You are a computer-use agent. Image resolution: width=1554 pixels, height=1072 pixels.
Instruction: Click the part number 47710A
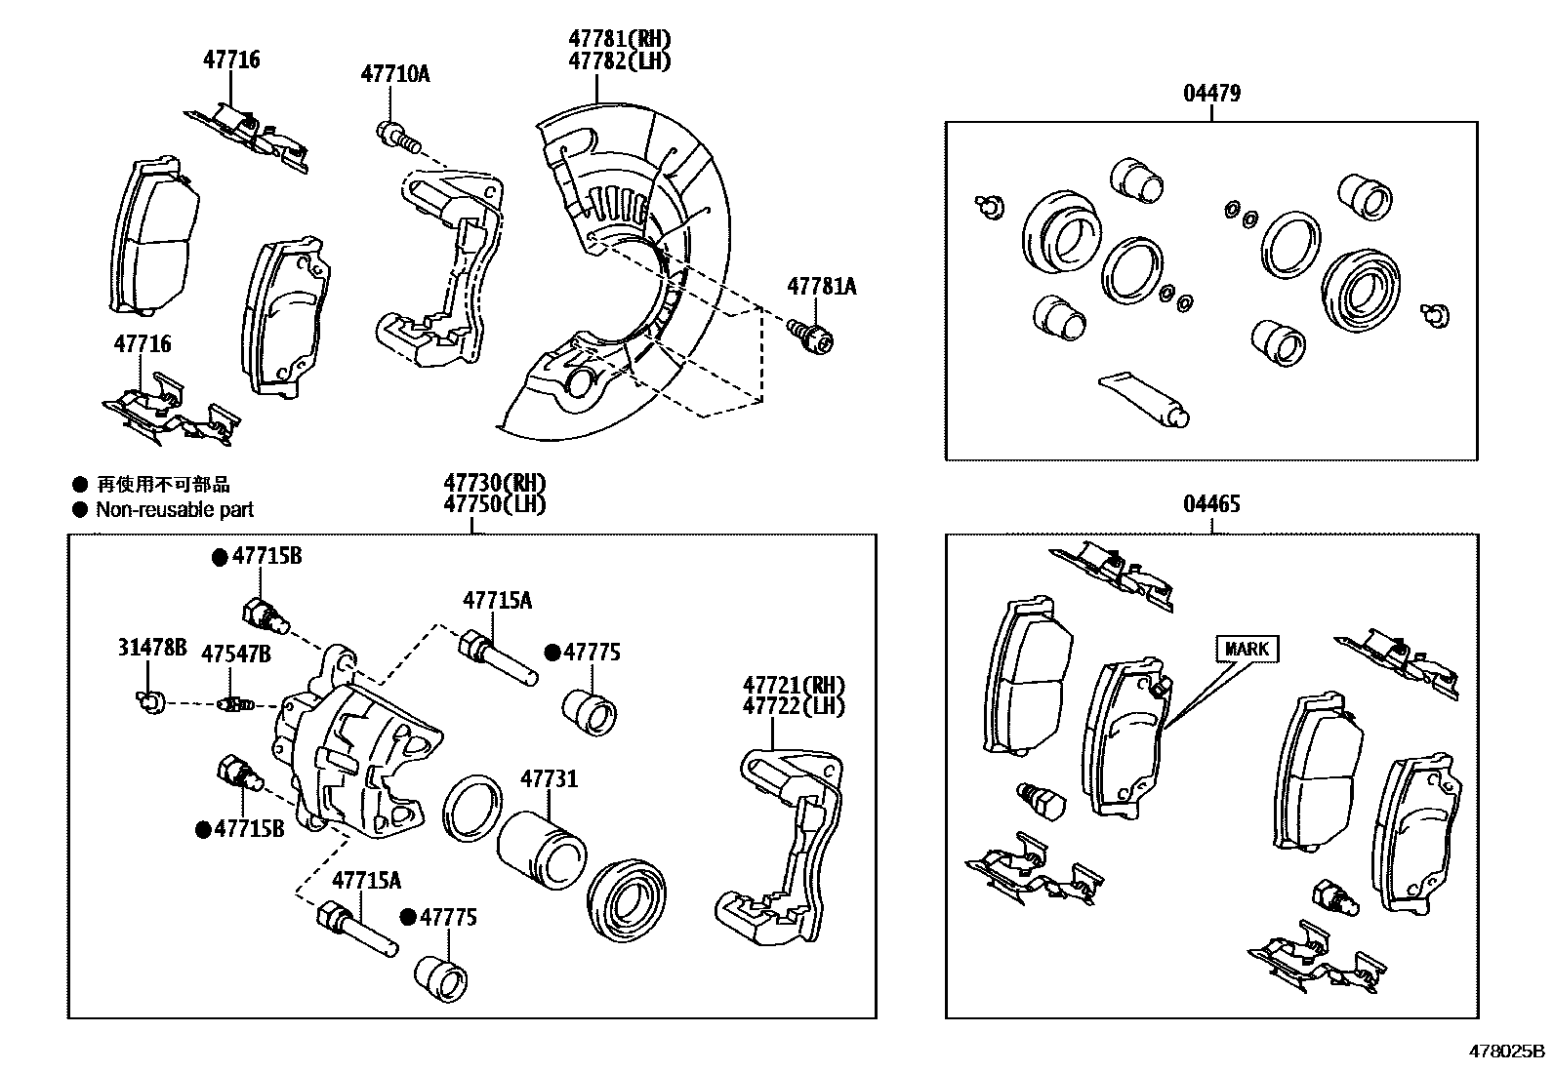coord(394,73)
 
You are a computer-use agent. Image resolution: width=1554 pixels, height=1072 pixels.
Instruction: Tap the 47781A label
coord(821,286)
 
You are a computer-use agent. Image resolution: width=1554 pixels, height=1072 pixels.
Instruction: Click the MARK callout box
coord(1247,649)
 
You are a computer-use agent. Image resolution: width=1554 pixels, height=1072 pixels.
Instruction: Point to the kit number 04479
coord(1211,94)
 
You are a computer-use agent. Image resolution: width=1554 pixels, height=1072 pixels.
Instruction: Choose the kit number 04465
coord(1211,504)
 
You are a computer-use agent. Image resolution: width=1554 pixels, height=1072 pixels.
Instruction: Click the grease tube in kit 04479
coord(1144,401)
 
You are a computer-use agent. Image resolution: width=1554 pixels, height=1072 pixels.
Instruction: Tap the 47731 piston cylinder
coord(540,844)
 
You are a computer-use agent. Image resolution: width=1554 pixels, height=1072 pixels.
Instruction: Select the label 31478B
coord(151,648)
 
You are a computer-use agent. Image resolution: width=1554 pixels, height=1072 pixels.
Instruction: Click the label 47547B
coord(236,654)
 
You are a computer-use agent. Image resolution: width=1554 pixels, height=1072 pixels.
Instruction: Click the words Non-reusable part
coord(175,509)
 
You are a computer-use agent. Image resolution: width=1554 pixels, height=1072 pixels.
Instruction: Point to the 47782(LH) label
coord(620,60)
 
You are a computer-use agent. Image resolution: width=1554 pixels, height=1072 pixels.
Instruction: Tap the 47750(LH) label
coord(494,504)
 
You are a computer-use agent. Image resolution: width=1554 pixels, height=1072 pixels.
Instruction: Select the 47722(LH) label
coord(793,705)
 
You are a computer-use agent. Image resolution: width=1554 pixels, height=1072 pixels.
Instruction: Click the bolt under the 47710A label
coord(396,136)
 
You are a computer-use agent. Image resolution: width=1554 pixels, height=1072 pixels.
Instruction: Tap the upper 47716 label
coord(231,60)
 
